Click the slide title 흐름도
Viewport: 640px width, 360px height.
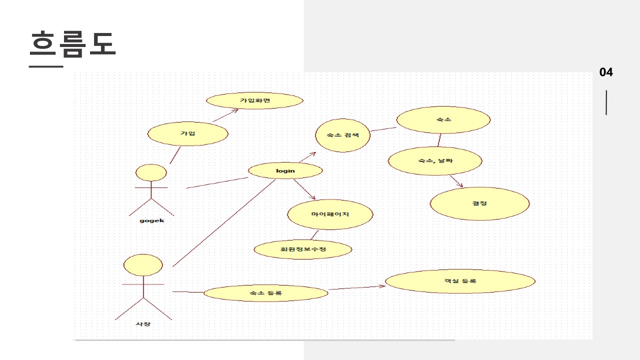point(72,44)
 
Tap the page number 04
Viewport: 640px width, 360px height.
point(606,72)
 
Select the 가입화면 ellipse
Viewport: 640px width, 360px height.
point(254,100)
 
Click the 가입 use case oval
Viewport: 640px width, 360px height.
point(188,133)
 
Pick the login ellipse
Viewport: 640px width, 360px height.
point(285,171)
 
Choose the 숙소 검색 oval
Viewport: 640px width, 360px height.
point(342,135)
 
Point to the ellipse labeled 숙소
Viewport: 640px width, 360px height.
point(443,120)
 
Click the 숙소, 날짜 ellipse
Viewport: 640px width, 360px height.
point(435,161)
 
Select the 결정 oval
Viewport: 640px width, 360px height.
point(479,203)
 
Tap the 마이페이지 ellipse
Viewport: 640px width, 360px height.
point(330,214)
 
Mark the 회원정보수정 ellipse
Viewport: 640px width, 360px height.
point(303,249)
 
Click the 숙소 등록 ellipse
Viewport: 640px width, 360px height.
point(266,293)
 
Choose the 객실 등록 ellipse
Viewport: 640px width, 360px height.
point(460,281)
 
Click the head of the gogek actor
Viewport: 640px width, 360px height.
point(151,172)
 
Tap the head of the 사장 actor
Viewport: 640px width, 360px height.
point(143,265)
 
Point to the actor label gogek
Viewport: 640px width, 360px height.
point(151,220)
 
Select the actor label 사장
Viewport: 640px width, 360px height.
point(143,324)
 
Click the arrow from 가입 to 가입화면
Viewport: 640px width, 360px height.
point(225,115)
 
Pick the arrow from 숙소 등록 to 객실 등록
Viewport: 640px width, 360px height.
point(356,287)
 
